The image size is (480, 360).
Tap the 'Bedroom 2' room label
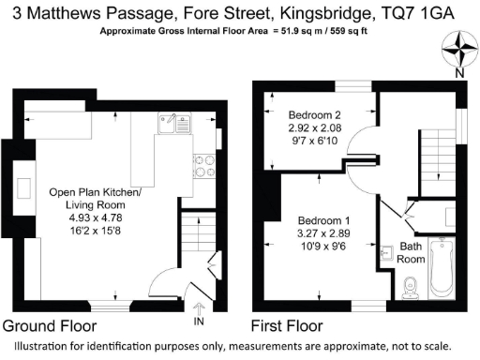click(x=312, y=113)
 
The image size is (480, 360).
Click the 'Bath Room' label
click(x=412, y=252)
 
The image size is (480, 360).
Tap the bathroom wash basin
click(x=388, y=252)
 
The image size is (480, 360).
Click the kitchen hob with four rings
click(x=205, y=165)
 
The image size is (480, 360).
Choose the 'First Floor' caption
click(x=288, y=326)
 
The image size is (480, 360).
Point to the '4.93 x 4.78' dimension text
click(x=95, y=217)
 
